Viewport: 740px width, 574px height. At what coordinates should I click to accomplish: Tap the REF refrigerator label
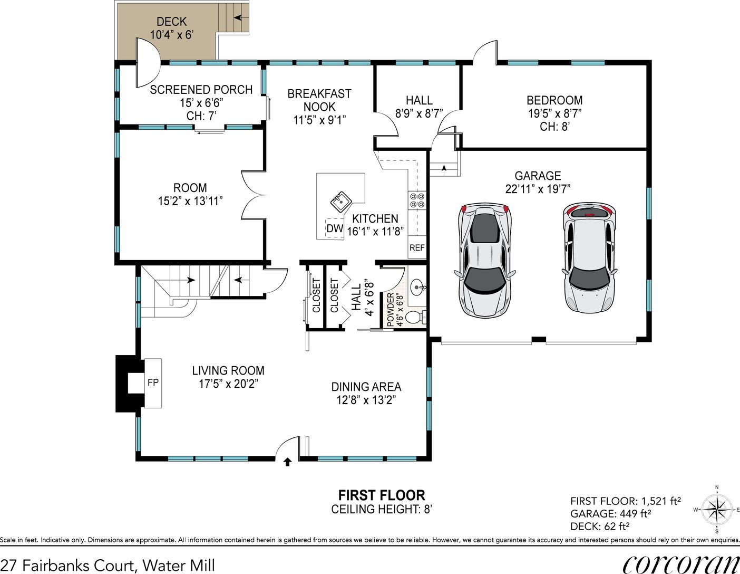click(417, 247)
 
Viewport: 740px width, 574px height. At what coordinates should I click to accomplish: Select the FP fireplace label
click(153, 383)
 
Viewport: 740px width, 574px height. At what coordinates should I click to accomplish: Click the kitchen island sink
click(342, 202)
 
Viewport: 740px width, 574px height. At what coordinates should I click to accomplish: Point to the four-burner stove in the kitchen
click(417, 200)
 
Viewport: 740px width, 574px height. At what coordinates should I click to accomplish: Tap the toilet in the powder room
click(416, 318)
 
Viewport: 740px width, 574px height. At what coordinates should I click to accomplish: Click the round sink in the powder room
click(418, 288)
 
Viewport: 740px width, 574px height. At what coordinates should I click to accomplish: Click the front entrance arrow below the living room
click(288, 462)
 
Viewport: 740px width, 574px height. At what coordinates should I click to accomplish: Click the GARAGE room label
click(538, 176)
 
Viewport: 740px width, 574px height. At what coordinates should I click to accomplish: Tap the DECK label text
click(172, 22)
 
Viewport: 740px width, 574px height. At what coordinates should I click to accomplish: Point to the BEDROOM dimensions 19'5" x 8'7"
click(555, 113)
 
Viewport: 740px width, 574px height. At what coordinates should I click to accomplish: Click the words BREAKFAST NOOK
click(319, 100)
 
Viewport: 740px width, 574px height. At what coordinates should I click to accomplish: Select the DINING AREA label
click(366, 387)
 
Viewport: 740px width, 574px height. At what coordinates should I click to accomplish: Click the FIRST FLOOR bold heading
click(382, 495)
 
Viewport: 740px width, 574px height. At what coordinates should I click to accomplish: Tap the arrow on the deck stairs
click(240, 17)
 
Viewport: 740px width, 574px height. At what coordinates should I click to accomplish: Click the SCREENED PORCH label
click(201, 90)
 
